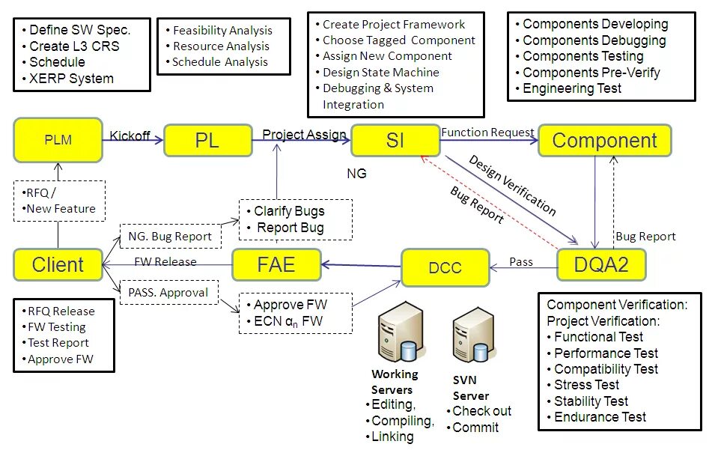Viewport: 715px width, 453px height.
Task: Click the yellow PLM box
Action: [x=58, y=140]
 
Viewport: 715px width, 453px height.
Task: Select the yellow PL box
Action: [x=208, y=141]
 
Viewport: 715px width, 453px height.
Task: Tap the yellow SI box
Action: [x=395, y=141]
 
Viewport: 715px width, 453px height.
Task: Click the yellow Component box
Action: [x=605, y=141]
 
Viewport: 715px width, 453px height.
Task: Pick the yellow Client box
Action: [x=58, y=264]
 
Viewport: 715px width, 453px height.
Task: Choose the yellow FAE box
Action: [x=276, y=264]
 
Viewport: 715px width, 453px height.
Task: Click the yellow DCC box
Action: [x=445, y=267]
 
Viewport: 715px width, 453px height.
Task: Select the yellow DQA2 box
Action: [x=601, y=264]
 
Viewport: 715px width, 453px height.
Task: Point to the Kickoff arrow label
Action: [x=130, y=136]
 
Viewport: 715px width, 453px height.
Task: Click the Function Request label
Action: [x=487, y=133]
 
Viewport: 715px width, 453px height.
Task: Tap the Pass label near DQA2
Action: [x=521, y=262]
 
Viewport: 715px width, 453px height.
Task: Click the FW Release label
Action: [x=165, y=262]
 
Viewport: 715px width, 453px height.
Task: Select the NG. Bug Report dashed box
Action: [x=171, y=237]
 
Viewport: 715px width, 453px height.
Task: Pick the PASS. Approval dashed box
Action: [x=169, y=293]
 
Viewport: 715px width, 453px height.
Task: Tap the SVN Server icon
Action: [x=474, y=335]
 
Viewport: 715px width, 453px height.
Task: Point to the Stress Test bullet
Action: [x=583, y=385]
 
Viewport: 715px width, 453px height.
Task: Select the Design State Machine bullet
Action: [x=377, y=73]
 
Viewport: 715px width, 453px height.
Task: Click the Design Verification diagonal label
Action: [x=513, y=186]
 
